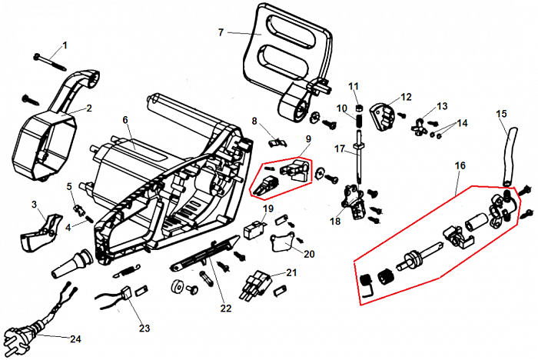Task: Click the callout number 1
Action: coord(65,45)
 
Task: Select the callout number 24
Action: coord(75,338)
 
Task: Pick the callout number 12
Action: coord(407,97)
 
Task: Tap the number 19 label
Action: coord(268,208)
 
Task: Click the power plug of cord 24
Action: coord(18,336)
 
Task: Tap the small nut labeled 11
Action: coord(357,108)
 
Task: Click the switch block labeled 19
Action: coord(252,229)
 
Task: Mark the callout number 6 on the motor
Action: coord(125,120)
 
